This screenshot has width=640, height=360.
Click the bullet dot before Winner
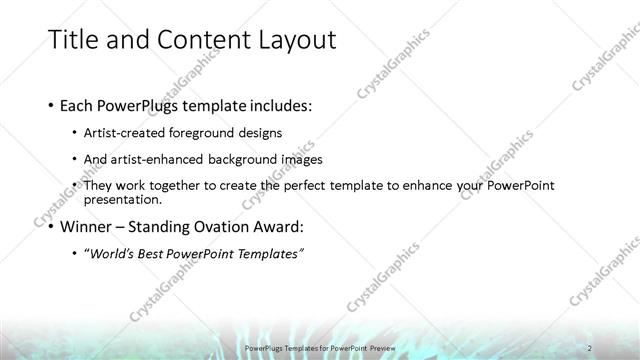[x=51, y=227]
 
